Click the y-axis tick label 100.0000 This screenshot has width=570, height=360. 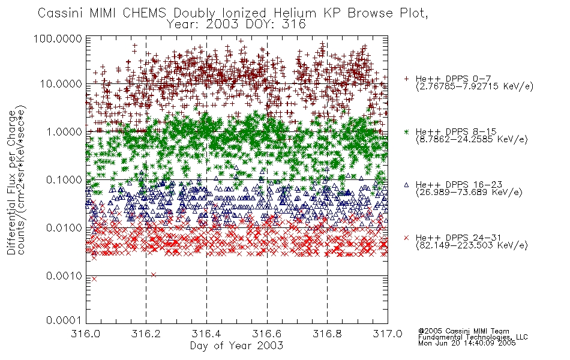(x=58, y=38)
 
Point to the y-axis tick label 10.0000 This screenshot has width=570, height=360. (x=61, y=84)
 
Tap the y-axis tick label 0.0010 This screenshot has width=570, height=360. (x=64, y=276)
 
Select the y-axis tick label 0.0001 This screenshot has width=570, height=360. (x=64, y=320)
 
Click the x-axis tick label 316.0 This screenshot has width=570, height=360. (x=85, y=334)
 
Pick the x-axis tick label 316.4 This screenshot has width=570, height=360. (x=206, y=334)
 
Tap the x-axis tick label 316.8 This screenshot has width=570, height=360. (x=327, y=334)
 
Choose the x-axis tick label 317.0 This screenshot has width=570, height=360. (x=388, y=334)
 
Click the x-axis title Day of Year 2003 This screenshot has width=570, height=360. (x=236, y=346)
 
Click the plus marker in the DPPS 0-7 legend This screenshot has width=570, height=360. (x=406, y=79)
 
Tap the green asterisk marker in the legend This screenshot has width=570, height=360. (x=406, y=131)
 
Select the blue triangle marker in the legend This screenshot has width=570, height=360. (x=406, y=185)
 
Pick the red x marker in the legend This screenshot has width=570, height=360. (x=406, y=238)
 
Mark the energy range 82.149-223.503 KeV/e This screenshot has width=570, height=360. (x=472, y=245)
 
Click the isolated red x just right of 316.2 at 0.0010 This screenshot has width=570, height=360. (x=154, y=275)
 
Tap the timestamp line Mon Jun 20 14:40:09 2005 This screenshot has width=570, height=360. (x=467, y=343)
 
